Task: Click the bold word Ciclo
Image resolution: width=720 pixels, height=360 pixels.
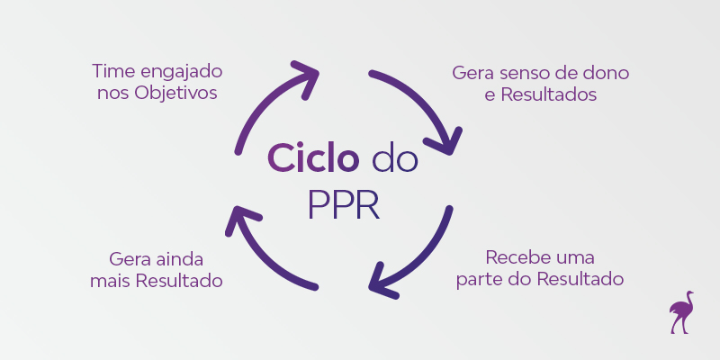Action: coord(311,160)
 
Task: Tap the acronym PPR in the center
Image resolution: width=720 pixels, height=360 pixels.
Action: coord(343,203)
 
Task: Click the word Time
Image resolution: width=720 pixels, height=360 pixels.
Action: coord(112,70)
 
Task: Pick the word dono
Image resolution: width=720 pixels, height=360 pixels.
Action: coord(607,71)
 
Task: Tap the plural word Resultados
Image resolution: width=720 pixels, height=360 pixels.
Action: coord(548,94)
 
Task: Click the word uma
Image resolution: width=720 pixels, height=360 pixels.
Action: coord(575,257)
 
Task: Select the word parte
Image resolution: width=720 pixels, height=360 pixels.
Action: coord(481,280)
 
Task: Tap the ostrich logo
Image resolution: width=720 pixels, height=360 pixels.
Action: coord(682,312)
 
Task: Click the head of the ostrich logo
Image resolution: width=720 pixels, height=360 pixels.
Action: coord(688,293)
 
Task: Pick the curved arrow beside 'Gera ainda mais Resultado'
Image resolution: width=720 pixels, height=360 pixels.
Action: coord(262,256)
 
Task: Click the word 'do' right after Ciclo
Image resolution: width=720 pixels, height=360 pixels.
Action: coord(395,160)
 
